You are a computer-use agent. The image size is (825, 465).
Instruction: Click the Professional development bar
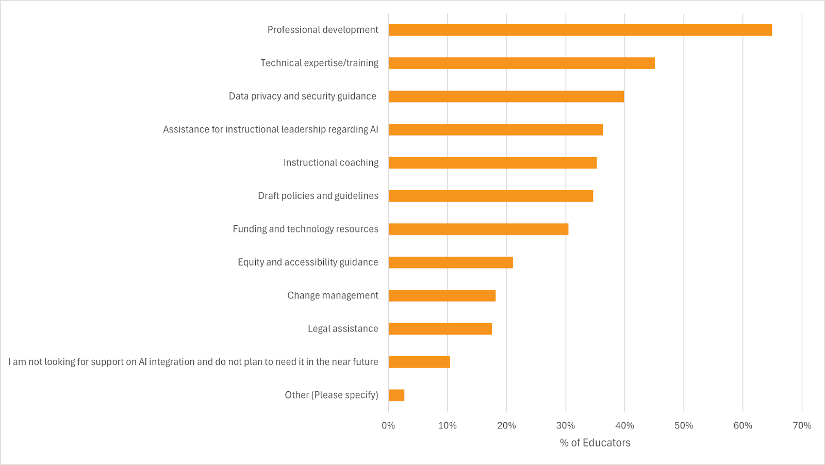580,30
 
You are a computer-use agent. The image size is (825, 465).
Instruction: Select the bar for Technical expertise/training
521,63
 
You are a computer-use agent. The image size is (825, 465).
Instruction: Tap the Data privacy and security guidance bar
506,96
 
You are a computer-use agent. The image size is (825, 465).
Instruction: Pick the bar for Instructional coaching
492,163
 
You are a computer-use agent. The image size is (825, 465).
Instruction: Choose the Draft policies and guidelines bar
490,196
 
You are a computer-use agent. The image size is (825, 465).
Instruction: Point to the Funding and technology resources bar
478,229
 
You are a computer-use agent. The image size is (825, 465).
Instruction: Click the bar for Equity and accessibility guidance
451,262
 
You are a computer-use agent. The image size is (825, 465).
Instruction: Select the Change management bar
442,295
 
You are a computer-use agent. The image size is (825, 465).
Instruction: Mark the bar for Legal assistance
440,329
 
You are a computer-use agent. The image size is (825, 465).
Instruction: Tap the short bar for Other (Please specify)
396,395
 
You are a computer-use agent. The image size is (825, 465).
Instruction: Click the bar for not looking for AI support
419,362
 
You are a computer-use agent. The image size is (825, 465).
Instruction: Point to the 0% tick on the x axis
388,425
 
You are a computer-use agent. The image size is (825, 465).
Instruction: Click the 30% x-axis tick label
566,425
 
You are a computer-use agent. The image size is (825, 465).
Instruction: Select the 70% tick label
802,425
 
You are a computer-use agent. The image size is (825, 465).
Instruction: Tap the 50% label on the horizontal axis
684,425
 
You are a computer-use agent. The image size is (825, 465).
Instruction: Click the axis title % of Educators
595,443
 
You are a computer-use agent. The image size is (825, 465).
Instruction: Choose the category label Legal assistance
343,329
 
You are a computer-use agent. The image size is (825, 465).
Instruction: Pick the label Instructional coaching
331,163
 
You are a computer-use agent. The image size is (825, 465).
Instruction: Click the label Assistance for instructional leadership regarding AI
271,129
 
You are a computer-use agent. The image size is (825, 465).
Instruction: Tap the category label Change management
333,295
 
